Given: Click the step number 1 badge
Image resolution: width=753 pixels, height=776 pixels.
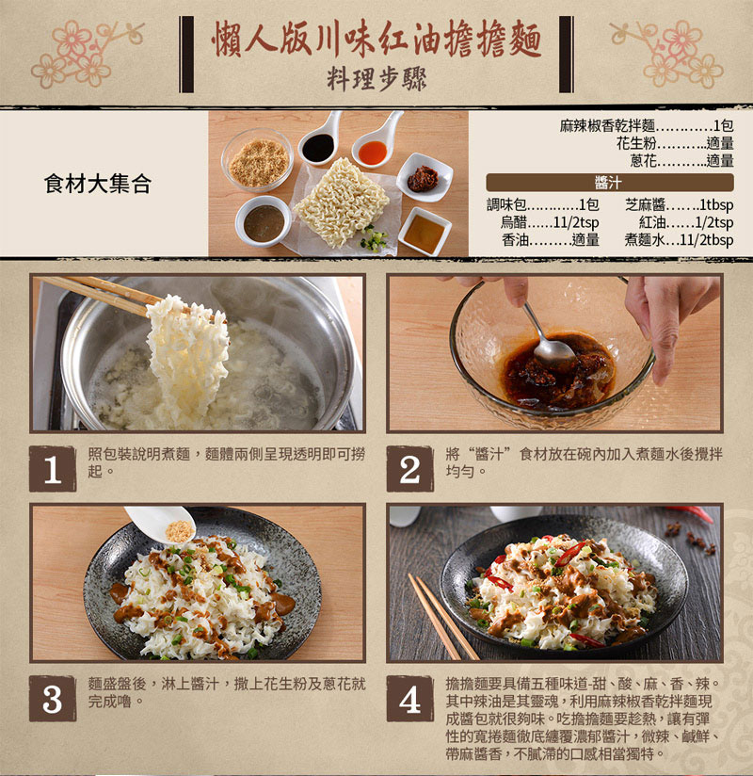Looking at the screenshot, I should point(52,469).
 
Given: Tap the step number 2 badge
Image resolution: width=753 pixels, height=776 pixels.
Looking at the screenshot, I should point(409,469).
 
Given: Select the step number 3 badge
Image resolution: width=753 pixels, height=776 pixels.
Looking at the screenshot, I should point(52,699).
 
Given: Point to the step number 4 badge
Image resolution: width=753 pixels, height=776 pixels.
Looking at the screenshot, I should point(409,699).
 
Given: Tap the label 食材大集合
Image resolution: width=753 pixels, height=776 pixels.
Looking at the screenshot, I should point(98,184).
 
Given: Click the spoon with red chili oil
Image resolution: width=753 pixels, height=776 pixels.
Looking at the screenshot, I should point(375,146).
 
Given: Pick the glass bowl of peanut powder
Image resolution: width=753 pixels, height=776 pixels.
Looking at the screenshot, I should point(257,161).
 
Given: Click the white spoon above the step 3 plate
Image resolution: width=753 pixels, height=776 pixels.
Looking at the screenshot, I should point(162,524).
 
